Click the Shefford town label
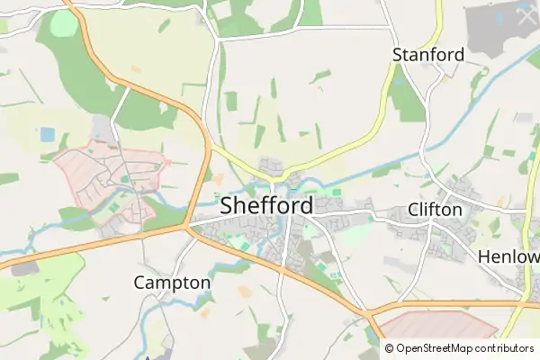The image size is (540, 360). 267,206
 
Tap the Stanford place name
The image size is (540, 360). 428,55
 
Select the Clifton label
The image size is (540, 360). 435,211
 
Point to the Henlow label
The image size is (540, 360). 508,256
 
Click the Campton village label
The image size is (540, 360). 172,283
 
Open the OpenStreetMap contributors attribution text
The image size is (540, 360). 464,348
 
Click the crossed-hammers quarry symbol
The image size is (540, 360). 525,15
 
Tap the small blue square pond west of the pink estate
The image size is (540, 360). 47,134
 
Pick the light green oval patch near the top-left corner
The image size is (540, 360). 63,23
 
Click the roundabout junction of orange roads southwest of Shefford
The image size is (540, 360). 188,228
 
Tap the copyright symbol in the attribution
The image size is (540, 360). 390,348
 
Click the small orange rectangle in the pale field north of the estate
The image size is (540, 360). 136,68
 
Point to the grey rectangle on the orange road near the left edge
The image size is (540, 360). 25,268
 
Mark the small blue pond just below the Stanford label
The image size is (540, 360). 398,80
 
